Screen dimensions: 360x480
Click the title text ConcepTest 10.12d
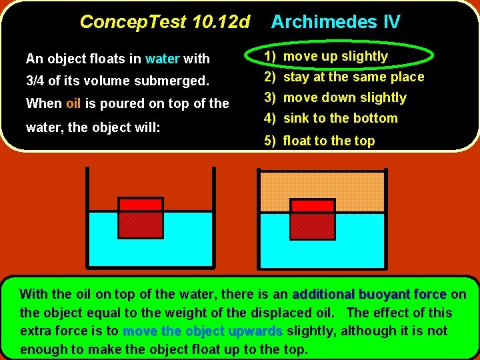pos(164,22)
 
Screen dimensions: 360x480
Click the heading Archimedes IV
pos(335,22)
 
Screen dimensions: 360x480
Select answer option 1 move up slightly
pos(335,56)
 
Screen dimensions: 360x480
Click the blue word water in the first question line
pos(163,59)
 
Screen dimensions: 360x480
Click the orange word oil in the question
pos(73,103)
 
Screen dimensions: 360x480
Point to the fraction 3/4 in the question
pos(36,81)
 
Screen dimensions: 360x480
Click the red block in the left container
pos(140,217)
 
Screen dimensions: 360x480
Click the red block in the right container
pos(312,217)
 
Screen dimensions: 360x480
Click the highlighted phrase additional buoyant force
pos(369,294)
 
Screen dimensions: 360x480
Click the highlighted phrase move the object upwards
pos(203,331)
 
